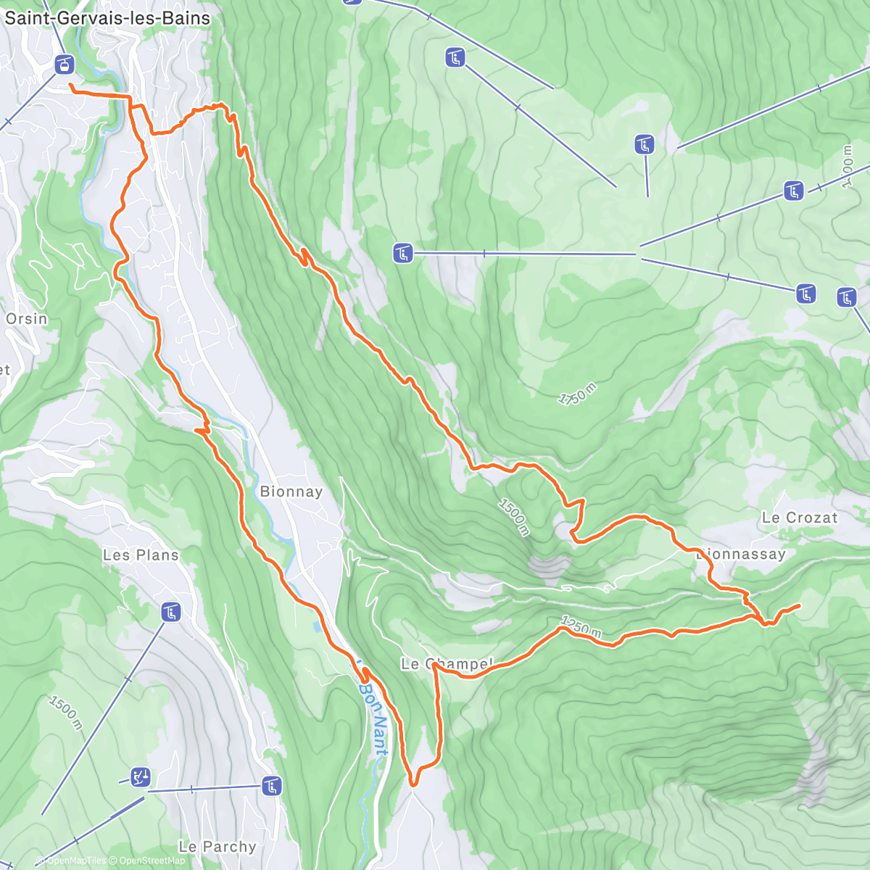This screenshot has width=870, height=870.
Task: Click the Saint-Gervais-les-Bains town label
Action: point(107,18)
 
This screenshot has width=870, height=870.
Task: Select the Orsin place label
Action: point(26,319)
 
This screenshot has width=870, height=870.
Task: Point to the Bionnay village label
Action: point(291,492)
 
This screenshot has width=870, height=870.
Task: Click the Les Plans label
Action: point(141,555)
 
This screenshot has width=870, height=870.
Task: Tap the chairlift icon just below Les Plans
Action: point(170,613)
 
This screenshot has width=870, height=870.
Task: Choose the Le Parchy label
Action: point(217,847)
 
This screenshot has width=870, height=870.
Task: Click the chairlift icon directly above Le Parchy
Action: point(272,785)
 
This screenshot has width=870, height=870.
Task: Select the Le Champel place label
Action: point(447,663)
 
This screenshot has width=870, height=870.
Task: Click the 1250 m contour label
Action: point(581,627)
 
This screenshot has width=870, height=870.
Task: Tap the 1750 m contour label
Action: point(577,394)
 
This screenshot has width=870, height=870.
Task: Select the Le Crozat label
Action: point(799,518)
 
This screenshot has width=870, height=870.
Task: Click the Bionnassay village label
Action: point(741,555)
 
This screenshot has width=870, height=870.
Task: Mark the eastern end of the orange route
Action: point(799,605)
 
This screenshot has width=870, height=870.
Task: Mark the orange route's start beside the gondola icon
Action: point(70,86)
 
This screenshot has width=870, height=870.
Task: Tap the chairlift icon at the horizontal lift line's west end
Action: point(403,254)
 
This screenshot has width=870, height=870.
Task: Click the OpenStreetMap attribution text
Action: point(152,861)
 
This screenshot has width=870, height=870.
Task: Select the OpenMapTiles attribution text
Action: point(76,861)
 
